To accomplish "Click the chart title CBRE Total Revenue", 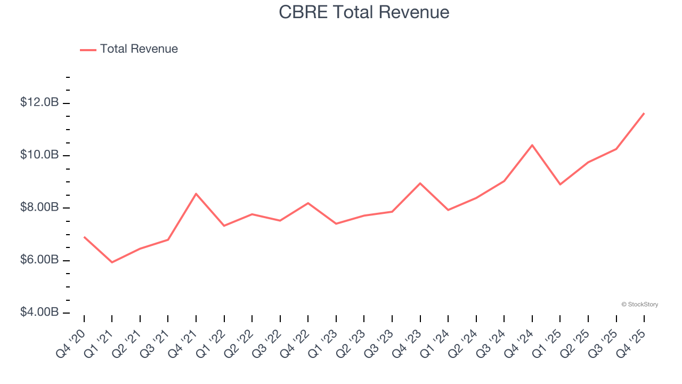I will coord(364,12).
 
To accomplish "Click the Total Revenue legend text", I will coord(139,49).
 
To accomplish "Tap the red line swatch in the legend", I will coord(88,50).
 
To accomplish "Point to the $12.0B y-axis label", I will coord(39,102).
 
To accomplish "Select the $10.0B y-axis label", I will coord(39,155).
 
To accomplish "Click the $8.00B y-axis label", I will coord(39,207).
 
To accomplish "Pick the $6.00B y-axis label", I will coord(39,260).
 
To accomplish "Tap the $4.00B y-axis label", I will coord(39,312).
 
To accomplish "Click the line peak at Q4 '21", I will coord(196,194).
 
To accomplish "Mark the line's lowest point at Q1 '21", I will coord(112,262).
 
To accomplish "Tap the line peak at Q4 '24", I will coord(532,145).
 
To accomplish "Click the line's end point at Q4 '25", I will coord(644,113).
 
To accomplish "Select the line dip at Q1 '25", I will coord(560,185).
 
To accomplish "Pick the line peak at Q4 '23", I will coord(420,183).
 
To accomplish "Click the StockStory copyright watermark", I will coord(639,305).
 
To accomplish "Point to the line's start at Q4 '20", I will coord(84,237).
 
